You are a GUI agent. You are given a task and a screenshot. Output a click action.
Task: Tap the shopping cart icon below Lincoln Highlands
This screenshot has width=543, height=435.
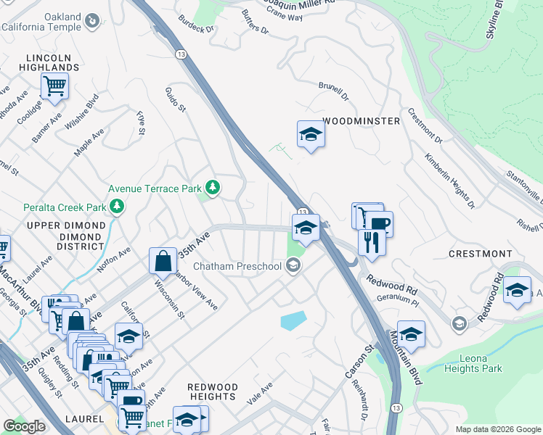[54, 86]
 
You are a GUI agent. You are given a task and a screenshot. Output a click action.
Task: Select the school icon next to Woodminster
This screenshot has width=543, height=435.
[310, 133]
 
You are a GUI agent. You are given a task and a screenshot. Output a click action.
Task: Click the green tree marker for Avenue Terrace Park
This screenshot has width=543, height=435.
[212, 188]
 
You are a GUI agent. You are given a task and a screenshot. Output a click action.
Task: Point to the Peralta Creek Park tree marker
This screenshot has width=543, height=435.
[116, 207]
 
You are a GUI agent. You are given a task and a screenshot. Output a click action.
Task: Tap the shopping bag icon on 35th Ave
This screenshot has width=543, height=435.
[163, 260]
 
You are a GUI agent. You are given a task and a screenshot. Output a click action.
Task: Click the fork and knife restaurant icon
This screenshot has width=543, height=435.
[371, 241]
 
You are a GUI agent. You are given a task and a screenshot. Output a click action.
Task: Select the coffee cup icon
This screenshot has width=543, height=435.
[379, 223]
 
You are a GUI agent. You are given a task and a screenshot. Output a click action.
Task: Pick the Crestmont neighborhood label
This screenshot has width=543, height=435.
[480, 254]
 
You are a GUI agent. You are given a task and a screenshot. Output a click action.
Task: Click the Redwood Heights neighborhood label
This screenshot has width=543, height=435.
[212, 391]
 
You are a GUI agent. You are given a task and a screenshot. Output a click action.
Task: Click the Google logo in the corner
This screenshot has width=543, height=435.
[25, 426]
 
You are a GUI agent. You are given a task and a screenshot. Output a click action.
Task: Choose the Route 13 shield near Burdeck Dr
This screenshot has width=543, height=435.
[180, 54]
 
